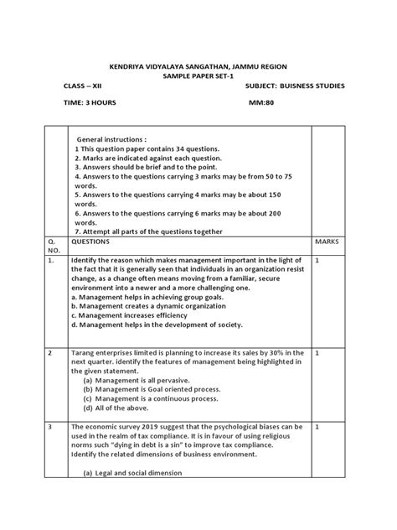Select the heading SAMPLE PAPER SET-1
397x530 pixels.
click(x=200, y=75)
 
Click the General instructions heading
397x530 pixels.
click(x=111, y=138)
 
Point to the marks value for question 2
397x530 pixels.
click(x=318, y=353)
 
